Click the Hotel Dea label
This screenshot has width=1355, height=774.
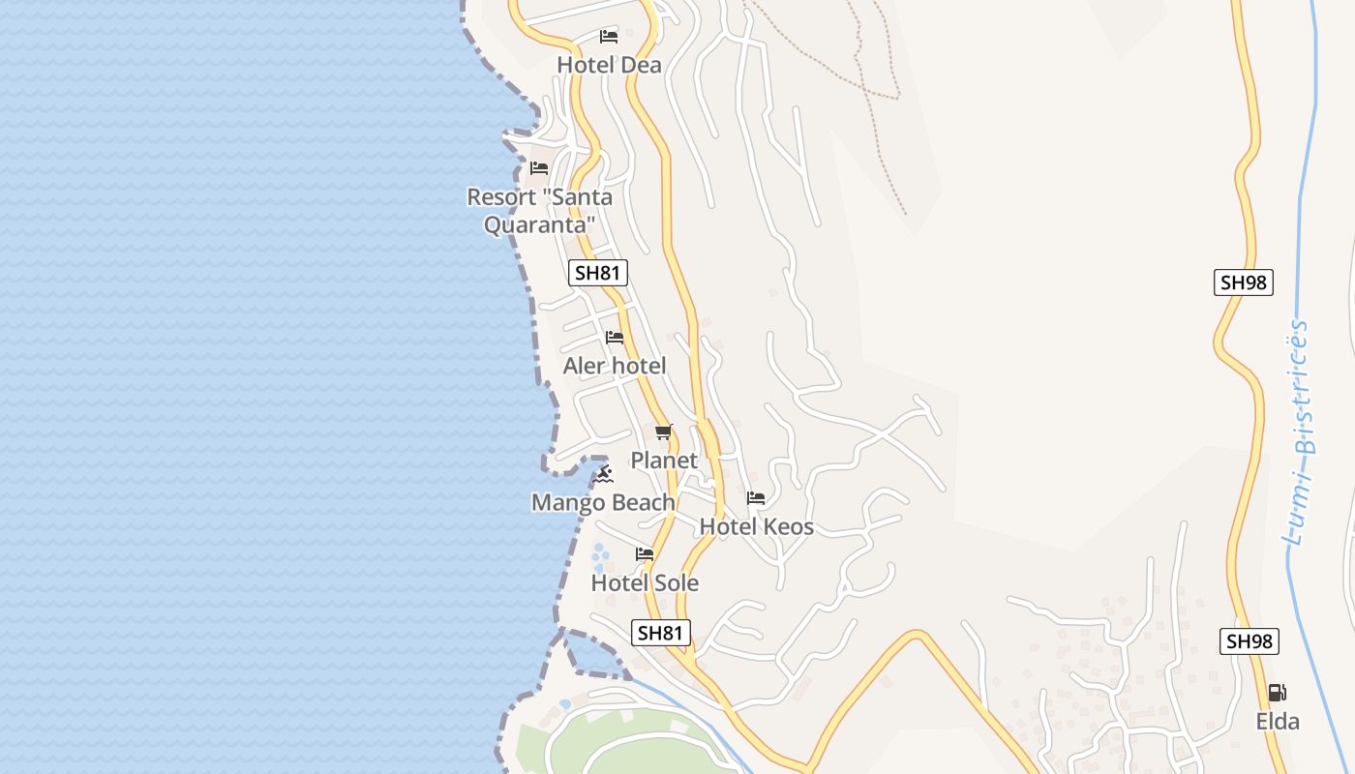[609, 65]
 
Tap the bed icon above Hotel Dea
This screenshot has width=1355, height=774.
[609, 37]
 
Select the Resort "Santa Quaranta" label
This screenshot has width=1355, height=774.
[539, 211]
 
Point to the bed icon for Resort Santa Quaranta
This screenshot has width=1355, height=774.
[539, 168]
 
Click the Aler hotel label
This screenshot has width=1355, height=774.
[615, 366]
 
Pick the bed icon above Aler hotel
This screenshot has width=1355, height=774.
[615, 338]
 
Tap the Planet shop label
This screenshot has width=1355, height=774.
[664, 461]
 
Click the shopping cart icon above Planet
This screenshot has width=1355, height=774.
[663, 432]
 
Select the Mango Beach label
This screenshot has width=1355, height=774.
[603, 502]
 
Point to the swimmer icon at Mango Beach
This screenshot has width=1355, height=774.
[604, 474]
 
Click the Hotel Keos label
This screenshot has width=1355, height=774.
[756, 527]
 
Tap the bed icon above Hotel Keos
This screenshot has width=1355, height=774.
[756, 498]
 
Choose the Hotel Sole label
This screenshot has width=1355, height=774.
[645, 583]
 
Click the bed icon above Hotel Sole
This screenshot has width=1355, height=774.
[645, 554]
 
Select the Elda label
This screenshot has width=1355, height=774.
[1278, 722]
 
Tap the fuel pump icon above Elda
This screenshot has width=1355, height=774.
[1278, 693]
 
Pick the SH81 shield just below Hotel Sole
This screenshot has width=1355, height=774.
[661, 633]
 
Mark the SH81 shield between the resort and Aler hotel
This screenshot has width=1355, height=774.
[597, 273]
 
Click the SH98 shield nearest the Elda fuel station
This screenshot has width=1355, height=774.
[1249, 640]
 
